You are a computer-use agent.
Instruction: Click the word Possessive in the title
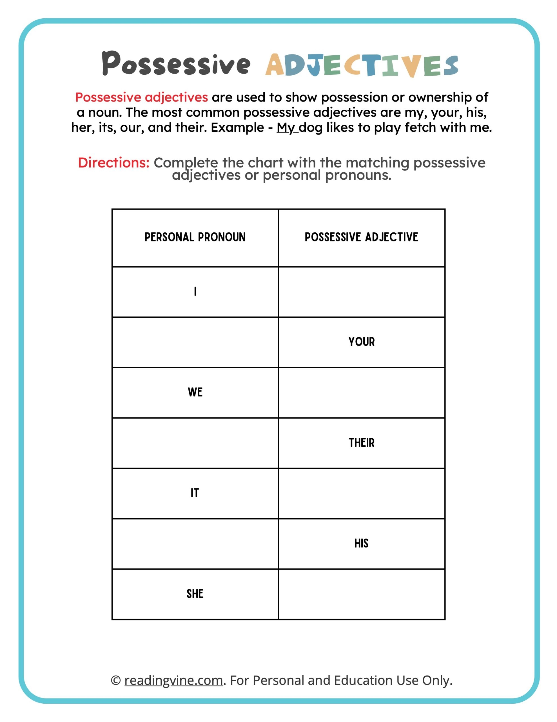pos(176,63)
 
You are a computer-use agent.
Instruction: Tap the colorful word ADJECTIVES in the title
pos(362,65)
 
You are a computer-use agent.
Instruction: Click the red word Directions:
pos(113,163)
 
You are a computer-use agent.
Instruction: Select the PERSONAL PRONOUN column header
pos(195,237)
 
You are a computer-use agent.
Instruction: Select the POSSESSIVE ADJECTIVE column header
pos(361,237)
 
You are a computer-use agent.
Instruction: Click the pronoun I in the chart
pos(195,291)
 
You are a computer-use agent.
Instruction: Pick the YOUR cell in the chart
pos(362,342)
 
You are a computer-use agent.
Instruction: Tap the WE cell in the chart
pos(195,392)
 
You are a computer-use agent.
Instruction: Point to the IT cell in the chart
pos(195,493)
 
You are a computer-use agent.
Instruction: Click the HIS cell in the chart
pos(361,543)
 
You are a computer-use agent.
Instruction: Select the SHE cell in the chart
pos(195,594)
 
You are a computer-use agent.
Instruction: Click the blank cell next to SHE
pos(362,594)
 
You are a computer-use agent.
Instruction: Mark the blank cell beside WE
pos(362,392)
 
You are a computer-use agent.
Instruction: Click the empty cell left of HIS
pos(195,543)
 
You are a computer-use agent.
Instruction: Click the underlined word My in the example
pos(285,127)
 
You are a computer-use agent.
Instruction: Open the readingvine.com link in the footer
pos(174,680)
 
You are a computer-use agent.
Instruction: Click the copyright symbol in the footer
pos(115,680)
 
